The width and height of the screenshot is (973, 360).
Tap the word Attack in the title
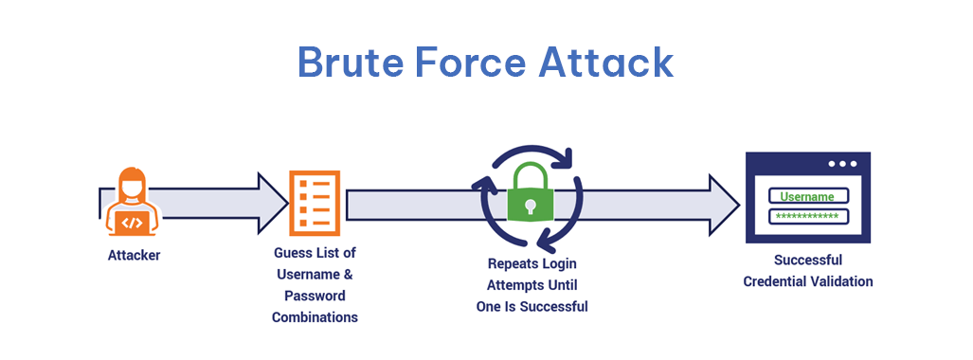[606, 63]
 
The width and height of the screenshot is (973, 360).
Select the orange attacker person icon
[133, 201]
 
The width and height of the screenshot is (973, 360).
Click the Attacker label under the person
[134, 255]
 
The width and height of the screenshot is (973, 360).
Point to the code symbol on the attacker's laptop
[133, 224]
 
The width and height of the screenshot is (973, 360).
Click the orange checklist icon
[315, 202]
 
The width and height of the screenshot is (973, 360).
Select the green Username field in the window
[807, 196]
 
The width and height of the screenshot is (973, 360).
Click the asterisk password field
[807, 216]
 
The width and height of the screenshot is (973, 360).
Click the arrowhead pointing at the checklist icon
[273, 202]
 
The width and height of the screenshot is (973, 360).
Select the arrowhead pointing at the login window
[725, 202]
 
